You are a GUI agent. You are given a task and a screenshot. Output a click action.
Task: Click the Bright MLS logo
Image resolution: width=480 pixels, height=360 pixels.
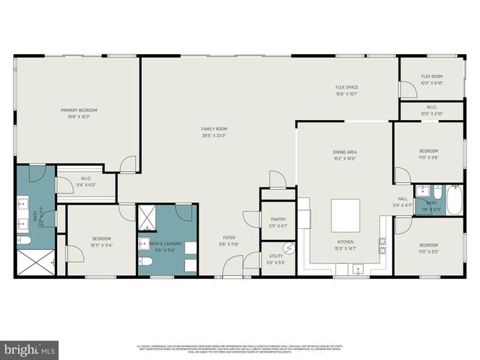point(31,349)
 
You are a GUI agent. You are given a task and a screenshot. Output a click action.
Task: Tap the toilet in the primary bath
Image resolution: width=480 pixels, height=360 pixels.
point(22,241)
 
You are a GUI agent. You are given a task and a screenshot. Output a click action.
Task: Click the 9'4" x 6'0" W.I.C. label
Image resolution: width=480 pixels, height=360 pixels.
point(86,184)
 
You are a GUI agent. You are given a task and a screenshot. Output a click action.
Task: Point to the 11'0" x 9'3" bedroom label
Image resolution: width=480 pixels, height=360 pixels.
point(428,247)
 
